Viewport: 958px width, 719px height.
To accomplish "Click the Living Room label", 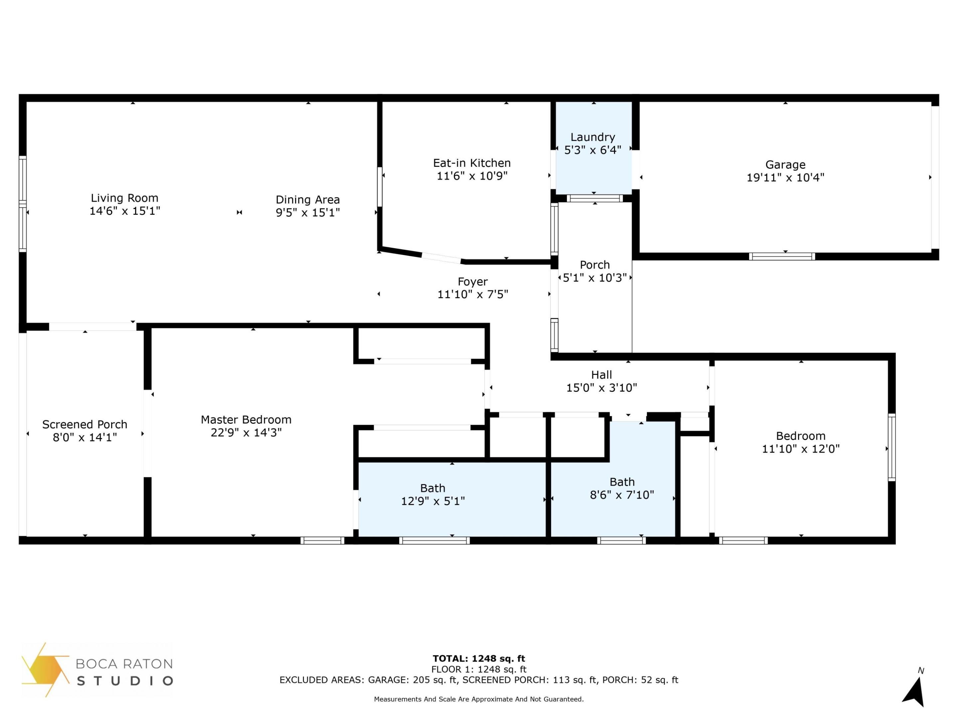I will point(124,198).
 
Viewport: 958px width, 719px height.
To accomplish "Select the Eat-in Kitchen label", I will point(472,163).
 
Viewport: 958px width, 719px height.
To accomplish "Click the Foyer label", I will point(472,282).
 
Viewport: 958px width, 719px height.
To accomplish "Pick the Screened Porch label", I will point(84,424).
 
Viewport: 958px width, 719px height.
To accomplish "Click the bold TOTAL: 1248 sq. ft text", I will point(479,659).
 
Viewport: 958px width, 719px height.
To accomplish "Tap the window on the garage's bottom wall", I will point(782,257).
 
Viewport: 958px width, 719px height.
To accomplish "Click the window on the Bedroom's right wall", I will point(891,447).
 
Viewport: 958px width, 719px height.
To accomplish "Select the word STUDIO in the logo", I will point(125,681).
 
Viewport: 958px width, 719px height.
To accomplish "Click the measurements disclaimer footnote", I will point(479,699).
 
